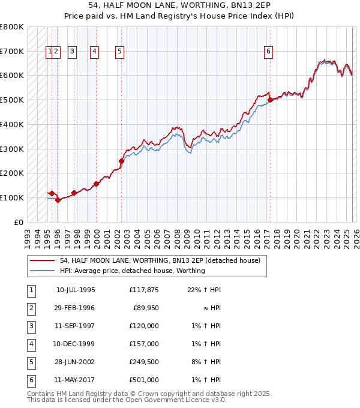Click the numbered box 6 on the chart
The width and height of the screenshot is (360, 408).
tap(268, 52)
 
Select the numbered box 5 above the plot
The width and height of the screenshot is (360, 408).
tap(120, 52)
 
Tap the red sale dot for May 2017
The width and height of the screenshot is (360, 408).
tap(270, 100)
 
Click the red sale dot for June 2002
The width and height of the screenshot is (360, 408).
tap(121, 161)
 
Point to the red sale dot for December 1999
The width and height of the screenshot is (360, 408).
tap(96, 184)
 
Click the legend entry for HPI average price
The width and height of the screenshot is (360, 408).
tap(132, 271)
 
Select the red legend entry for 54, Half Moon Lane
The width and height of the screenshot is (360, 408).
tap(160, 261)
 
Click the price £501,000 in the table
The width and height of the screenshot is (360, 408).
tap(144, 380)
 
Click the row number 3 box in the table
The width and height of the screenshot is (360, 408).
tap(31, 326)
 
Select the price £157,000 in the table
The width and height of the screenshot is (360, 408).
tap(144, 344)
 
